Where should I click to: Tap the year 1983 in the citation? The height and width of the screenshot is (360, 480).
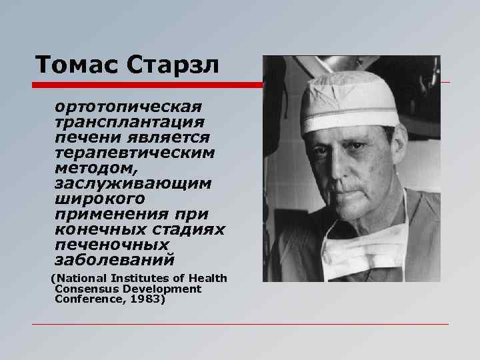click(147, 299)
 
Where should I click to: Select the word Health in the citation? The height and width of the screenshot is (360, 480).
click(208, 278)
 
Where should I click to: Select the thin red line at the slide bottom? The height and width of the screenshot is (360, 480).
click(240, 325)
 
